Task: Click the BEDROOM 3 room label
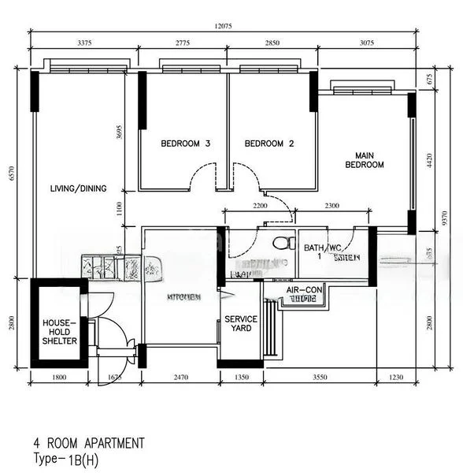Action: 185,144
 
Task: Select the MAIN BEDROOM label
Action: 364,160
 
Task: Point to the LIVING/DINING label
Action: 78,188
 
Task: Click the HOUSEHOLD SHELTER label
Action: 59,332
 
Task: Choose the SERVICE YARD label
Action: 241,323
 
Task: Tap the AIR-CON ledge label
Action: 304,290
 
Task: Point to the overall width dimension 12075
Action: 225,26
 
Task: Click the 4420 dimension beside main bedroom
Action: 429,162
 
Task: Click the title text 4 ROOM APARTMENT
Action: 88,443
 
